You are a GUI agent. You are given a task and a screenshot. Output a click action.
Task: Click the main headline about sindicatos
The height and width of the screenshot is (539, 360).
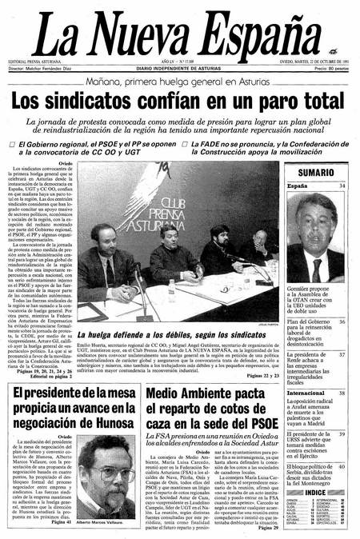pyautogui.click(x=180, y=102)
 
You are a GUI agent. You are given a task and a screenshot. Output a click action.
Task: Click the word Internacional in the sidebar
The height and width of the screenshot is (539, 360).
pyautogui.click(x=306, y=393)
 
